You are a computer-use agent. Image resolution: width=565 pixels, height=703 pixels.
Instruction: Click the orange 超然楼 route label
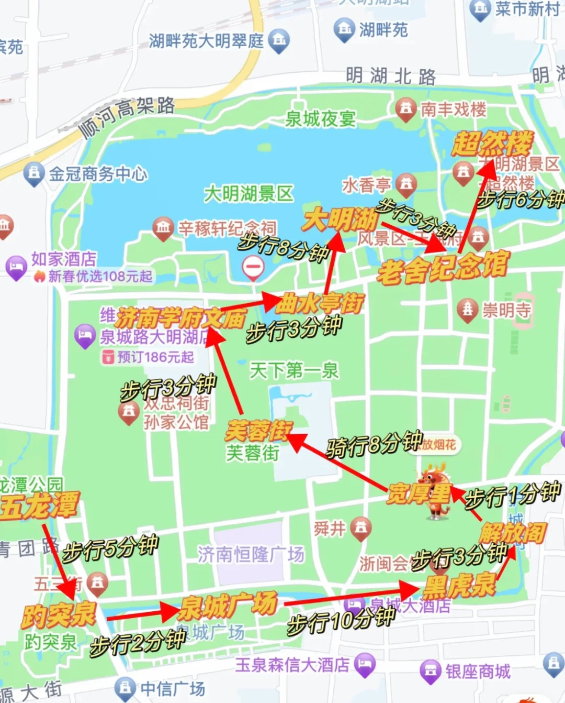click(x=492, y=143)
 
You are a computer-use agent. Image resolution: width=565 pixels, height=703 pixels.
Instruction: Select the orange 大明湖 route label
click(x=340, y=219)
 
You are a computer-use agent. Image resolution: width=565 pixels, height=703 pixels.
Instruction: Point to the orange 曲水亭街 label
click(x=320, y=303)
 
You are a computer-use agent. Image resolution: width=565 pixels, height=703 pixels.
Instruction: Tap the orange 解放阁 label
click(x=513, y=533)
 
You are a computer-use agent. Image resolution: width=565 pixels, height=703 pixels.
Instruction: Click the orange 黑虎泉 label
click(x=459, y=586)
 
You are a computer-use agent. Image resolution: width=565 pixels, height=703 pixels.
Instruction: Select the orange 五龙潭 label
click(x=40, y=506)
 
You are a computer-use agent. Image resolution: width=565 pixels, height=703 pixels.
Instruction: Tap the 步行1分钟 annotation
click(x=513, y=495)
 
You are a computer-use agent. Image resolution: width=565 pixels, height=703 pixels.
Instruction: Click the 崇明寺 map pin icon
click(x=467, y=310)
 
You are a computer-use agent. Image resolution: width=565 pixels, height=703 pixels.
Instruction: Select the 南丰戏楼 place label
click(x=453, y=109)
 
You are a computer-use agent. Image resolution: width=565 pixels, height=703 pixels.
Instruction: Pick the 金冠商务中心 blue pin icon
click(x=33, y=174)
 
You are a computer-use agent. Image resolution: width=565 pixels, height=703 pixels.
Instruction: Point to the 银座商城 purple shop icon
click(x=430, y=671)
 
